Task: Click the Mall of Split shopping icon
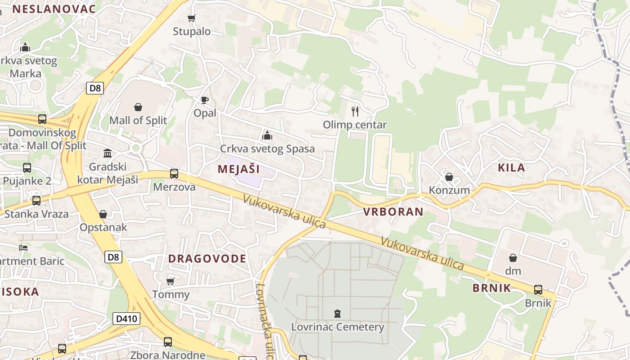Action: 138,107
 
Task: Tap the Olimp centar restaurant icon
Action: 355,111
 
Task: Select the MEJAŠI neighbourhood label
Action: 239,169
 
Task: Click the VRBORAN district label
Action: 393,212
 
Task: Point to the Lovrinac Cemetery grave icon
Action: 337,314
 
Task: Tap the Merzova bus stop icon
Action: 174,173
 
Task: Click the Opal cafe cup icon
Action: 205,100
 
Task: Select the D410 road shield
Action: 126,319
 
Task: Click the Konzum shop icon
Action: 449,177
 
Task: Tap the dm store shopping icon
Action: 513,258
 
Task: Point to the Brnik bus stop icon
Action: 538,289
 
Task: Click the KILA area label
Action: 512,168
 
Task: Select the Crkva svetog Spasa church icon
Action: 267,135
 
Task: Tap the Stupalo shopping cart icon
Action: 192,18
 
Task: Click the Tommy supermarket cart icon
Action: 171,281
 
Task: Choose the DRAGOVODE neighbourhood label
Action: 207,259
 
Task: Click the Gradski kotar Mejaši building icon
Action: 108,153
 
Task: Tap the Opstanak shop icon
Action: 103,214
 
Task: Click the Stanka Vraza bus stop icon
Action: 36,200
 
